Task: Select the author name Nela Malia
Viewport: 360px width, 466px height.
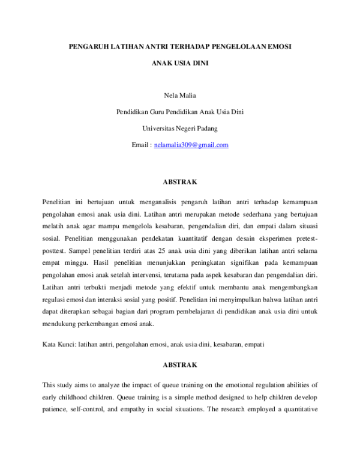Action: click(x=179, y=95)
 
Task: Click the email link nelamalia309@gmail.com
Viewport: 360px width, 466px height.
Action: click(x=191, y=145)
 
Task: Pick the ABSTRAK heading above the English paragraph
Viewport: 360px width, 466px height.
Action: click(x=179, y=365)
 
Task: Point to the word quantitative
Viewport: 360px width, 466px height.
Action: click(x=295, y=409)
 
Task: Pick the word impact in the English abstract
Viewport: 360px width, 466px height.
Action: click(x=142, y=384)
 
